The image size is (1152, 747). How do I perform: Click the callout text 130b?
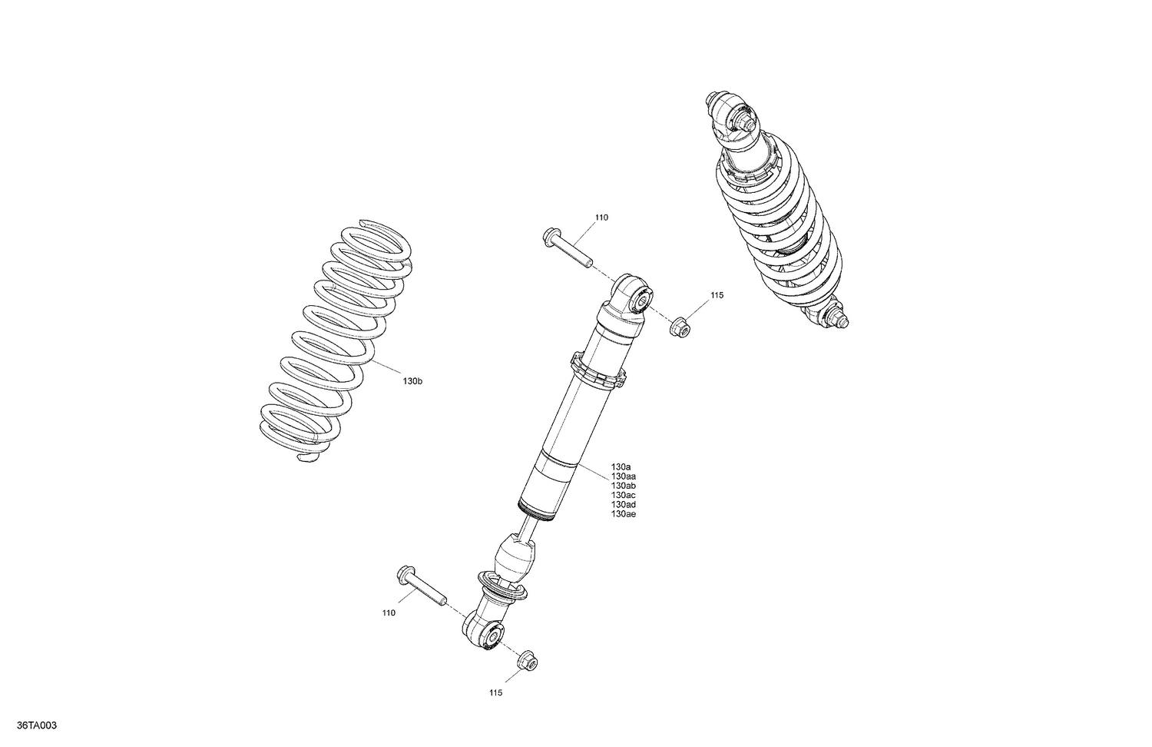pyautogui.click(x=413, y=381)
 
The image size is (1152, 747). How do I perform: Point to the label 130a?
pyautogui.click(x=621, y=467)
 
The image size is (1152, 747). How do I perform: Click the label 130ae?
pyautogui.click(x=623, y=514)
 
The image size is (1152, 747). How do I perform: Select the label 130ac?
pyautogui.click(x=623, y=496)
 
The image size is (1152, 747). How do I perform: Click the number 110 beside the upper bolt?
pyautogui.click(x=601, y=217)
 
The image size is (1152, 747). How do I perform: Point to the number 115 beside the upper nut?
pyautogui.click(x=717, y=295)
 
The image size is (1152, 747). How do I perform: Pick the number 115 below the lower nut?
pyautogui.click(x=495, y=692)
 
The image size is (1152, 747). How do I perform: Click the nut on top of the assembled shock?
pyautogui.click(x=741, y=120)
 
